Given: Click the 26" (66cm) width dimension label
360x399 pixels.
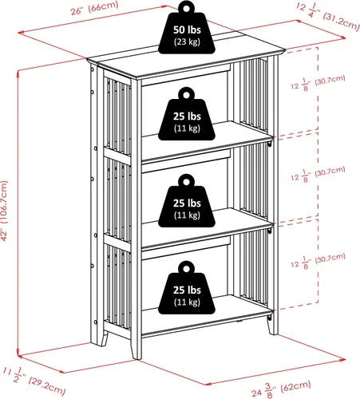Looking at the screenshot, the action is click(x=94, y=9).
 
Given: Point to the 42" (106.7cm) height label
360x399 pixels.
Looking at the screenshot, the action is click(x=4, y=211).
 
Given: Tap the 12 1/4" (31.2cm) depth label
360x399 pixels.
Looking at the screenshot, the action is click(x=328, y=17).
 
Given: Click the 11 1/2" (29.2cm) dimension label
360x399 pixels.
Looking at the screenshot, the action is click(x=34, y=381).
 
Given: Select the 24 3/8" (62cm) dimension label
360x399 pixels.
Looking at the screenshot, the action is click(x=281, y=389).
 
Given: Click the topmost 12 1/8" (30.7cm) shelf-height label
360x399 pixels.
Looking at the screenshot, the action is click(x=318, y=83).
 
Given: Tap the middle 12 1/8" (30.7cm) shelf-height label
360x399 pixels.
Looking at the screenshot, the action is click(x=318, y=174).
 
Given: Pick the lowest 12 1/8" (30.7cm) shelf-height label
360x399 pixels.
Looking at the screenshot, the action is click(x=318, y=261).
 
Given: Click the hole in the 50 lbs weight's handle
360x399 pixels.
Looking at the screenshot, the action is click(x=187, y=8).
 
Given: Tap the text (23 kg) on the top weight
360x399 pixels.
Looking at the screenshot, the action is click(x=187, y=41).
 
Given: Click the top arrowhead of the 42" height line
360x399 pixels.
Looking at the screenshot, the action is click(x=18, y=74).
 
